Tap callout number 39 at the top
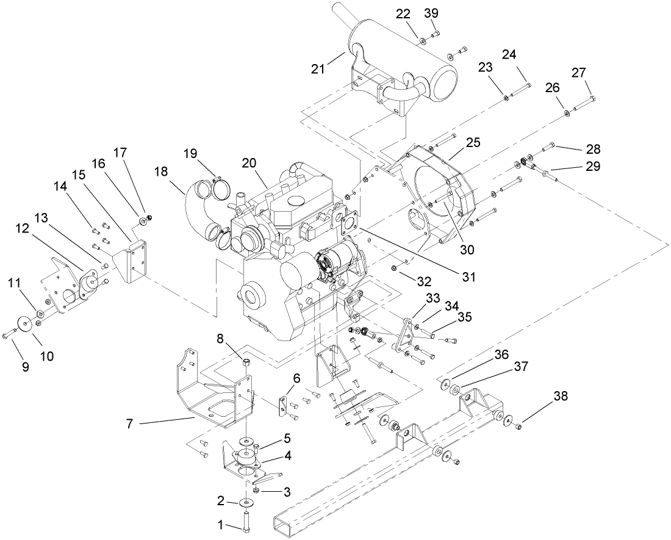(431, 13)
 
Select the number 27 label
(578, 72)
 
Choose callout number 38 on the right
(561, 396)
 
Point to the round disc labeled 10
(26, 324)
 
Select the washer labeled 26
(567, 111)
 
